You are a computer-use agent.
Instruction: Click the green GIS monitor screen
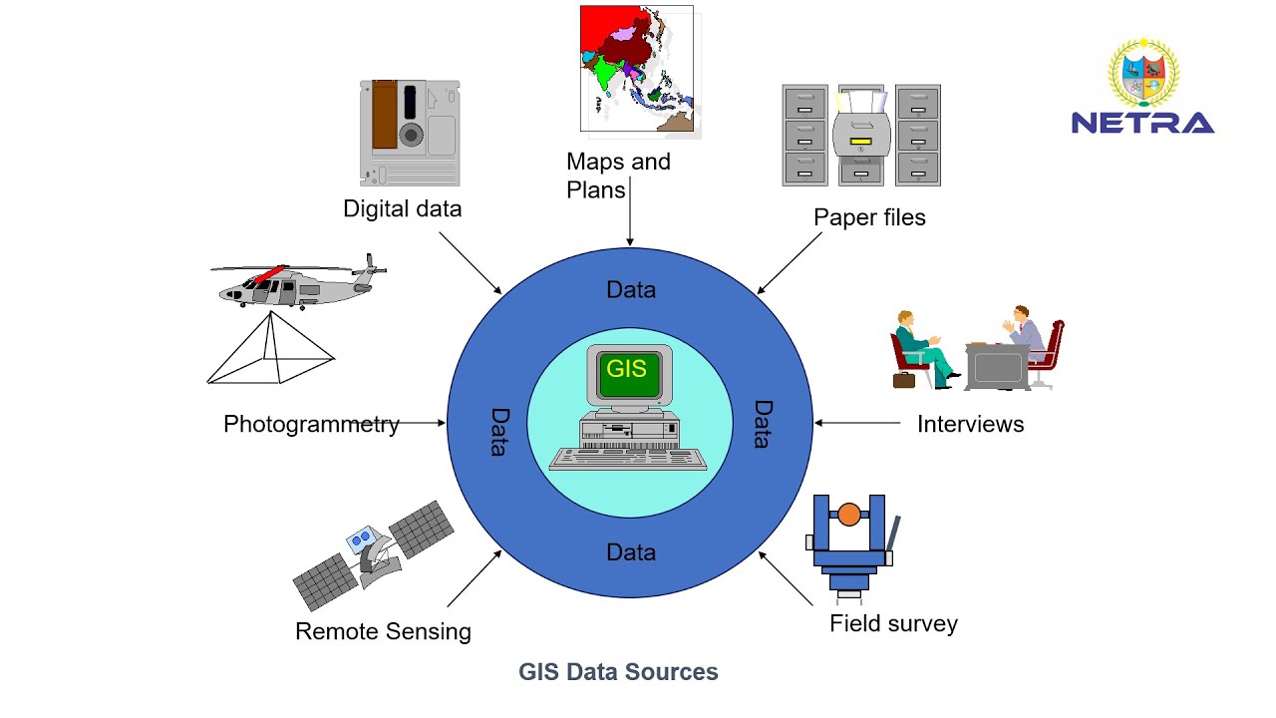tap(627, 370)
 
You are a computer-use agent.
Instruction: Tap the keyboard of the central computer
tap(628, 460)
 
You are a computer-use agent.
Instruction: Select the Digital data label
tap(403, 209)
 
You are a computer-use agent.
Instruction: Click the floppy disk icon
tap(408, 134)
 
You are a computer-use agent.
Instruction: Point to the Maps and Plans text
tap(618, 175)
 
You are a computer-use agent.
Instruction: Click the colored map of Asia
tap(638, 68)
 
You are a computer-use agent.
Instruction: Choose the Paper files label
tap(869, 217)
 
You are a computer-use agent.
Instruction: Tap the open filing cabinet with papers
tap(861, 135)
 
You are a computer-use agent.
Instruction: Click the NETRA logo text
tap(1142, 123)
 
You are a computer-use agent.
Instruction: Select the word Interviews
tap(970, 424)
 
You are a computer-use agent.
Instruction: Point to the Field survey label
tap(893, 624)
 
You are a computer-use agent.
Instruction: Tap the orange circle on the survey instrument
tap(848, 515)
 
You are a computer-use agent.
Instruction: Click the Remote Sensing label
tap(383, 631)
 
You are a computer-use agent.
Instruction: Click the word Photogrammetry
tap(311, 424)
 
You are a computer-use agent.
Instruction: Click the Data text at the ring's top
tap(631, 290)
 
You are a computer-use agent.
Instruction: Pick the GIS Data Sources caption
tap(618, 672)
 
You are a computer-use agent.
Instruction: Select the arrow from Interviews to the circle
tap(857, 423)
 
